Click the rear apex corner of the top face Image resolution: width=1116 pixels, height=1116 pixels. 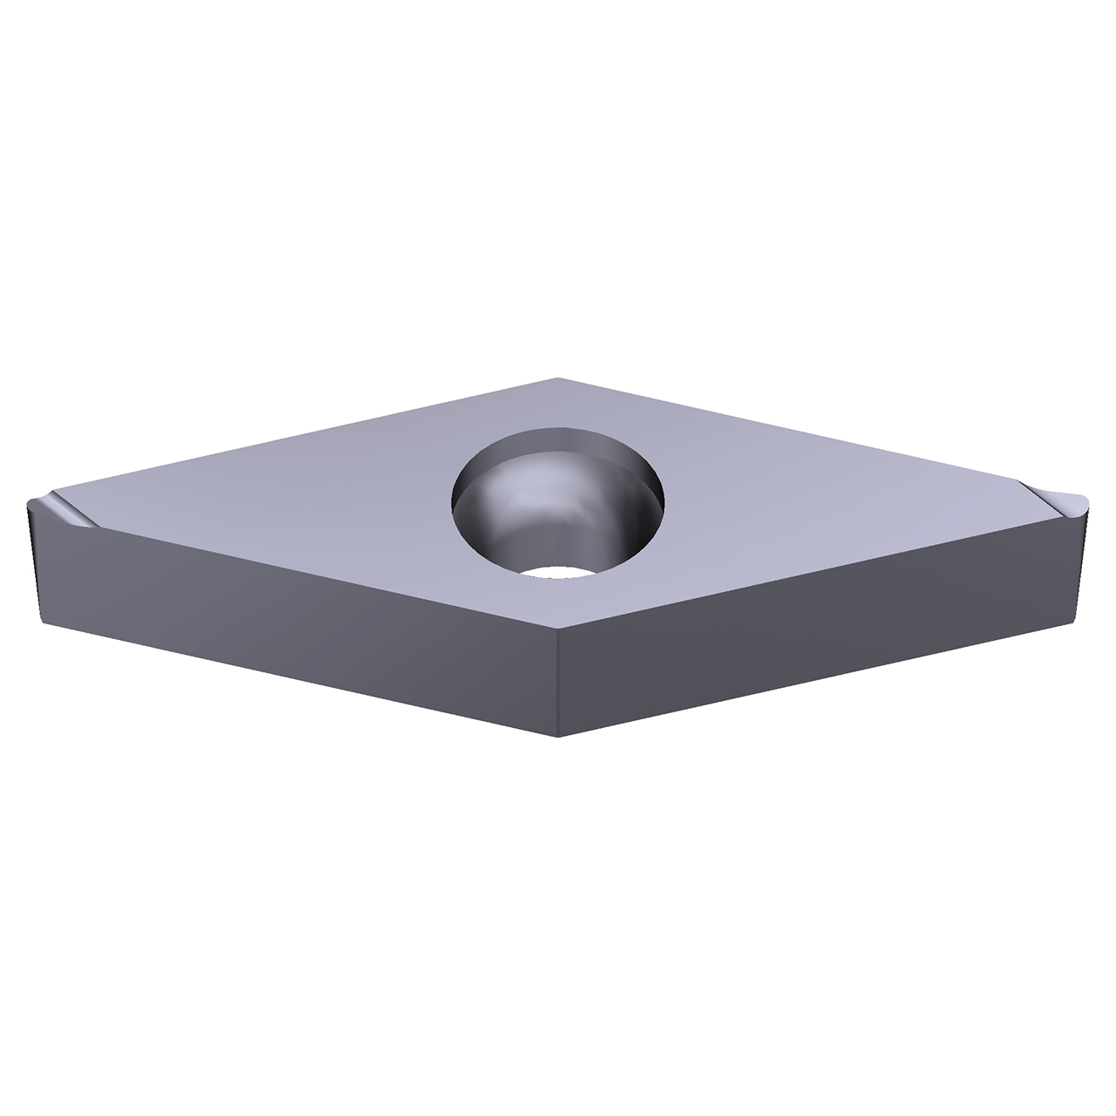pyautogui.click(x=558, y=378)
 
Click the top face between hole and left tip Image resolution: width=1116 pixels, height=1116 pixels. pyautogui.click(x=262, y=506)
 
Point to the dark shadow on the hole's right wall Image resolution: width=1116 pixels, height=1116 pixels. pyautogui.click(x=641, y=523)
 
